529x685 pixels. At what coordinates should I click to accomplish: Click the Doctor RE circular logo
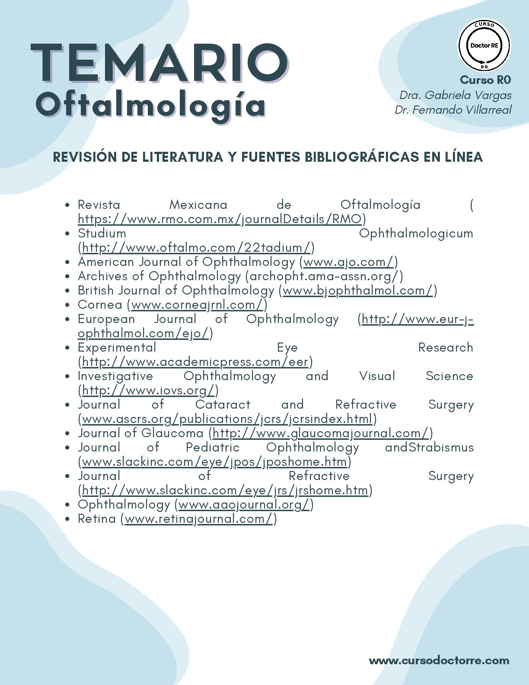pyautogui.click(x=484, y=45)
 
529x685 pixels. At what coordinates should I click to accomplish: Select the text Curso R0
pyautogui.click(x=485, y=80)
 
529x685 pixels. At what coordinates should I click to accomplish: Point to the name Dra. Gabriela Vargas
pyautogui.click(x=455, y=95)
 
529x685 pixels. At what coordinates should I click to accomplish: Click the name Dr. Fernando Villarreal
pyautogui.click(x=453, y=110)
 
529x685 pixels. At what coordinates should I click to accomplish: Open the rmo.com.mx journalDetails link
pyautogui.click(x=219, y=219)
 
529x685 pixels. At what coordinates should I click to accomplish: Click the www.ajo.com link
pyautogui.click(x=349, y=262)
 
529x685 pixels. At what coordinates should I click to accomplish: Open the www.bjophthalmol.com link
pyautogui.click(x=357, y=291)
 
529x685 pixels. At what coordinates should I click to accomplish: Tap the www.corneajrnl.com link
pyautogui.click(x=197, y=305)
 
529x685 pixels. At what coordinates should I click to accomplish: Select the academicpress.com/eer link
pyautogui.click(x=195, y=362)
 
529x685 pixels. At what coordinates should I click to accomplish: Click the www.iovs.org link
pyautogui.click(x=148, y=391)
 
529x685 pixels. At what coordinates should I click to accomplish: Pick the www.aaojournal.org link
pyautogui.click(x=244, y=505)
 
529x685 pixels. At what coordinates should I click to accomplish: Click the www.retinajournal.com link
pyautogui.click(x=199, y=519)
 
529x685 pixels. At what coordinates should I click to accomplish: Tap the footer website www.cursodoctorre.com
pyautogui.click(x=439, y=660)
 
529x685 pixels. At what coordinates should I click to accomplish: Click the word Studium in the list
pyautogui.click(x=102, y=234)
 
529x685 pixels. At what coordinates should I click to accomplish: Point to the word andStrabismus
pyautogui.click(x=429, y=448)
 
